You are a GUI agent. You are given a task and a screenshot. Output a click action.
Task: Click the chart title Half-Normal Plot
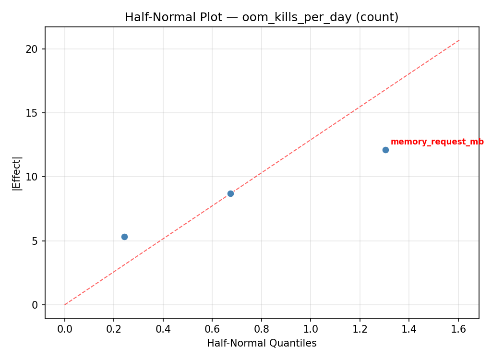[x=262, y=17]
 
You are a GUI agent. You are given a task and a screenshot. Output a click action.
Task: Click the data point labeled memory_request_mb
[x=385, y=150]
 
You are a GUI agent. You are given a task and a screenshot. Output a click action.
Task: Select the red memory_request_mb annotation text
[x=437, y=142]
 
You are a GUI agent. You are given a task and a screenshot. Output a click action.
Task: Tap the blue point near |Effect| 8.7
[x=230, y=193]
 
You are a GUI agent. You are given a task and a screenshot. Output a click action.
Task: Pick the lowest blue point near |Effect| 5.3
[x=124, y=237]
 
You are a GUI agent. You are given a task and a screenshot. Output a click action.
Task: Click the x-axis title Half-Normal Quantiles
[x=262, y=343]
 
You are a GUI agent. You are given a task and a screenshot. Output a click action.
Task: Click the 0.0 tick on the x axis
[x=65, y=329]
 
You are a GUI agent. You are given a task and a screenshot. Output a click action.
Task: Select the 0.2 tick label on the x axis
[x=114, y=329]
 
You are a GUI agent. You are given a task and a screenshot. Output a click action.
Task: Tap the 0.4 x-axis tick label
[x=163, y=329]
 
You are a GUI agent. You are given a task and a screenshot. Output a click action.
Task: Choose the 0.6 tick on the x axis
[x=212, y=329]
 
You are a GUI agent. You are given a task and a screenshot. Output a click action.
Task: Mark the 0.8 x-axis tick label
[x=262, y=329]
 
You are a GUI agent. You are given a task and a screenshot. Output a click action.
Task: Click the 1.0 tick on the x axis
[x=311, y=329]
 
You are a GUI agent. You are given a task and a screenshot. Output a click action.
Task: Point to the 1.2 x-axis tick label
[x=360, y=329]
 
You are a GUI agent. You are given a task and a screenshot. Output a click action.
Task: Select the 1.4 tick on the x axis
[x=409, y=329]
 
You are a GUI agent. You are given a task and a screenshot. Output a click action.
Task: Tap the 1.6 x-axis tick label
[x=458, y=329]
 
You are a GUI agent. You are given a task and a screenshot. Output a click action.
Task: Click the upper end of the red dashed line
[x=459, y=40]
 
